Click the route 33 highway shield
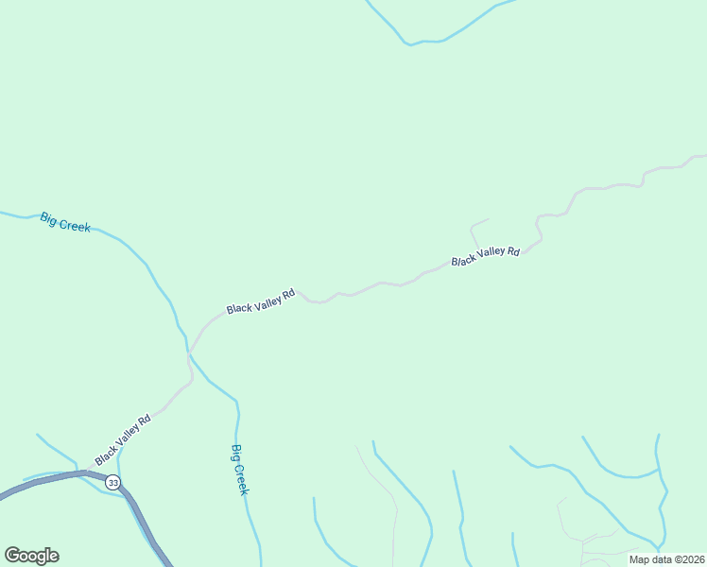(x=113, y=482)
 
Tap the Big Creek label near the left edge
(x=65, y=223)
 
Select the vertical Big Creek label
(x=240, y=470)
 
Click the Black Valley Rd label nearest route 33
(x=123, y=440)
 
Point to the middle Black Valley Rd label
(x=261, y=301)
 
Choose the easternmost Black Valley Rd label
(x=486, y=256)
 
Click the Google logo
(x=31, y=556)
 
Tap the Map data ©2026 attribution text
(x=667, y=559)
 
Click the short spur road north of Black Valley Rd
(x=475, y=229)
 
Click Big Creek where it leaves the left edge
(x=4, y=214)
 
